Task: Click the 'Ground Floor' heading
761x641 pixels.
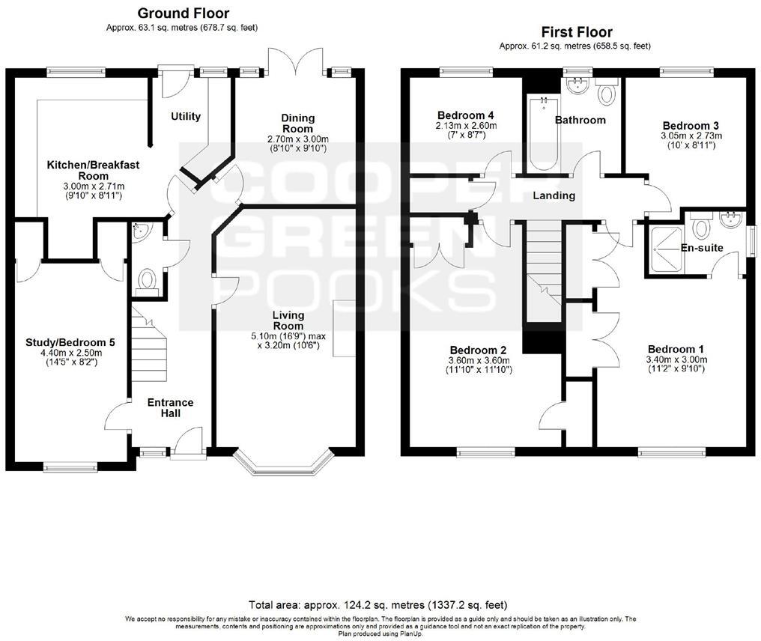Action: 184,13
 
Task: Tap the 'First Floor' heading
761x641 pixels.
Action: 576,32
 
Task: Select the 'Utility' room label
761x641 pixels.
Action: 186,116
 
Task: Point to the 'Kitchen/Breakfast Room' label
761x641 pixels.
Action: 94,170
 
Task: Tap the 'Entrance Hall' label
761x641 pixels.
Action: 170,407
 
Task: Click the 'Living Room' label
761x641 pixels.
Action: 288,320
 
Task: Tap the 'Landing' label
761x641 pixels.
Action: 554,195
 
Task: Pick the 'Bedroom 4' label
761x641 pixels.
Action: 466,115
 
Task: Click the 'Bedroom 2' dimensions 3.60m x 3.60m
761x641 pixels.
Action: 478,360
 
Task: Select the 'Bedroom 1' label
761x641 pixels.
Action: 676,349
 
